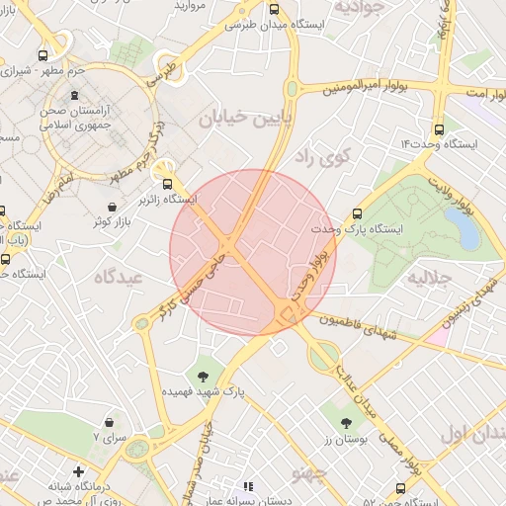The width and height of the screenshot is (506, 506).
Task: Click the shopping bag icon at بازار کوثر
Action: (112, 208)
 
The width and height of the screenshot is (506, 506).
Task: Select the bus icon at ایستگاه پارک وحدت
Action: (357, 212)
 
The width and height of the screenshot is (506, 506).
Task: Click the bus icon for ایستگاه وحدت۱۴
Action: (439, 127)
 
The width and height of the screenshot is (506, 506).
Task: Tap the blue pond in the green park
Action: (463, 227)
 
